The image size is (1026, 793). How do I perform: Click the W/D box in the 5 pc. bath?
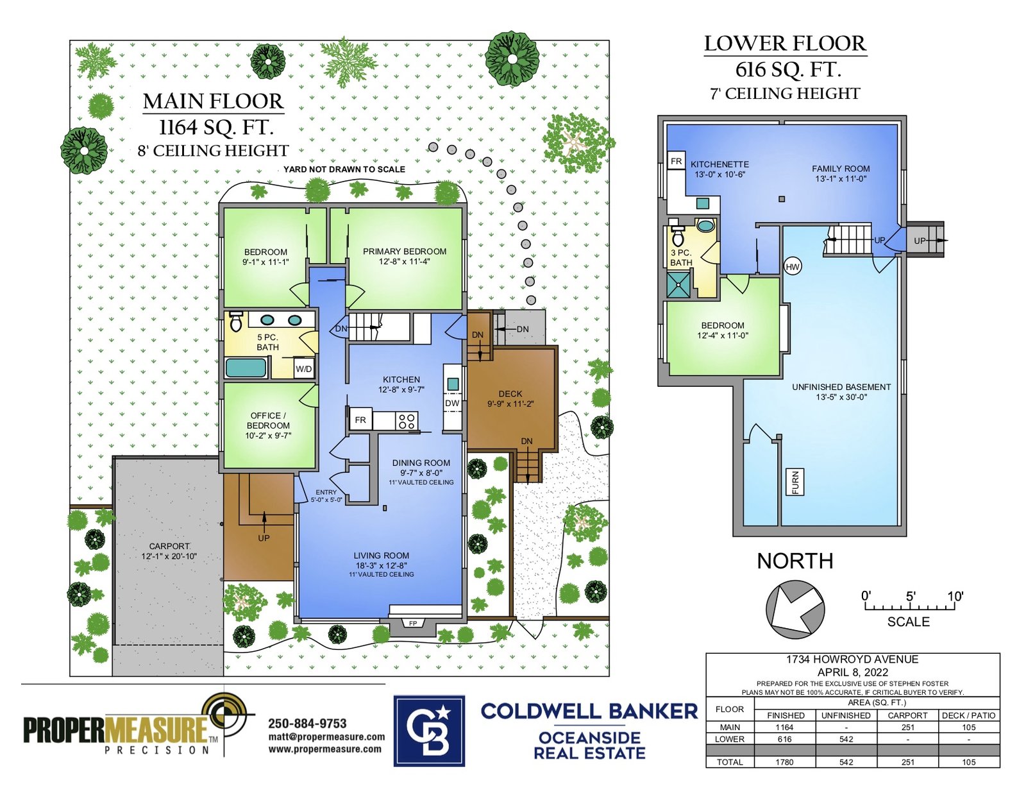pyautogui.click(x=303, y=368)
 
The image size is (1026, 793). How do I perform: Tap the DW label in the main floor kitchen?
pyautogui.click(x=452, y=403)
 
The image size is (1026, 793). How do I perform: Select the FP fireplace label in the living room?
pyautogui.click(x=413, y=624)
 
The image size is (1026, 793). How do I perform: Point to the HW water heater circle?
pyautogui.click(x=793, y=267)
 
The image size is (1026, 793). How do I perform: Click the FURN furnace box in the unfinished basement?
pyautogui.click(x=795, y=482)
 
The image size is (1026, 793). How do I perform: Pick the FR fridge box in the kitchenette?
pyautogui.click(x=676, y=161)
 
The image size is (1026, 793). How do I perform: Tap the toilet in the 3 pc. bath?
pyautogui.click(x=678, y=234)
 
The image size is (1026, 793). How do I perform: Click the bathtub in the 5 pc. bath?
pyautogui.click(x=246, y=368)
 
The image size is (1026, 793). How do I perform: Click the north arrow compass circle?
pyautogui.click(x=795, y=610)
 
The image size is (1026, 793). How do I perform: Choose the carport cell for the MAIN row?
pyautogui.click(x=907, y=728)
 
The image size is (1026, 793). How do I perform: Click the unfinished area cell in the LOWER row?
pyautogui.click(x=846, y=739)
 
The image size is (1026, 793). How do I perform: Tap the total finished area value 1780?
pyautogui.click(x=785, y=762)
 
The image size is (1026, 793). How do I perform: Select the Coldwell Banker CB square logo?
pyautogui.click(x=429, y=731)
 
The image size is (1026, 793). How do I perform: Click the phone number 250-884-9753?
pyautogui.click(x=307, y=723)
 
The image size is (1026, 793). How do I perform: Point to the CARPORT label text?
pyautogui.click(x=169, y=546)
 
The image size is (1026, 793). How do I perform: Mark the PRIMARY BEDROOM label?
pyautogui.click(x=405, y=252)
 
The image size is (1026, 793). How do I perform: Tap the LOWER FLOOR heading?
pyautogui.click(x=785, y=44)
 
